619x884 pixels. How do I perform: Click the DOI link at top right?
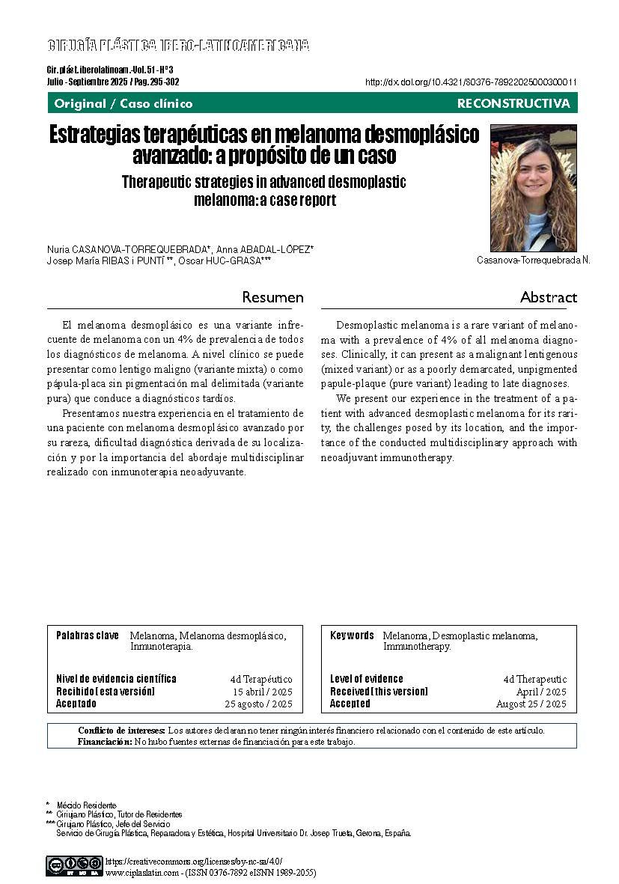[471, 82]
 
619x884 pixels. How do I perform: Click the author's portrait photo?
[533, 188]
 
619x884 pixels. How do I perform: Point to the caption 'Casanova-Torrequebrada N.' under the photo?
[533, 260]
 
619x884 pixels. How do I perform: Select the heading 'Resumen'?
[272, 297]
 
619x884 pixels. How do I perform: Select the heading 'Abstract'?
[549, 297]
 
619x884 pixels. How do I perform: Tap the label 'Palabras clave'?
[88, 635]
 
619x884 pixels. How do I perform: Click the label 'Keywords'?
[352, 635]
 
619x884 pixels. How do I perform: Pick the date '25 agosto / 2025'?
[259, 704]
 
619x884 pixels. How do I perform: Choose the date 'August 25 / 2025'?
[531, 704]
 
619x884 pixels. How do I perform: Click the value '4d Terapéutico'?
[261, 679]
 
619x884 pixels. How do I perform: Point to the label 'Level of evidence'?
[367, 679]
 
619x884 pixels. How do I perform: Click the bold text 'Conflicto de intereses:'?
[121, 730]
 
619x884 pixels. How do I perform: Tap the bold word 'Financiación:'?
[105, 742]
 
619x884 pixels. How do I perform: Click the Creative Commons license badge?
[74, 865]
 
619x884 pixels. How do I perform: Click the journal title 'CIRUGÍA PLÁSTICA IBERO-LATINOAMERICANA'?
[178, 46]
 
